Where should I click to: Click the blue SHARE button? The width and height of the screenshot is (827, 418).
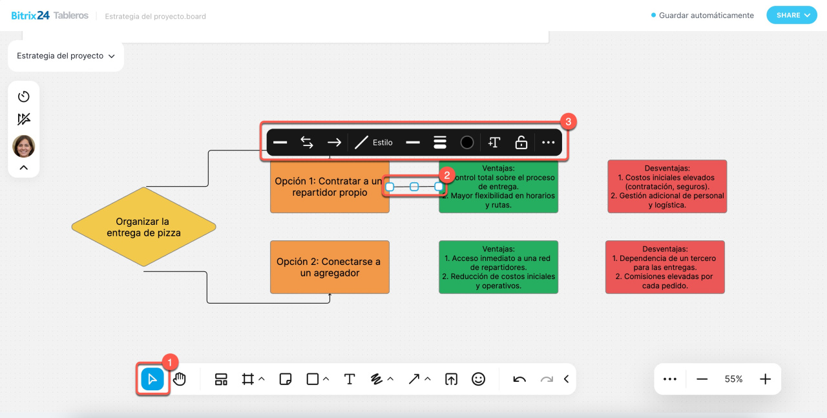(x=792, y=16)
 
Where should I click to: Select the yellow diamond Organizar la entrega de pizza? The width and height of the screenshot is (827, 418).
(x=143, y=227)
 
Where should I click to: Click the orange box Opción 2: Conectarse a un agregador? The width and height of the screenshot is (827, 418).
(x=330, y=267)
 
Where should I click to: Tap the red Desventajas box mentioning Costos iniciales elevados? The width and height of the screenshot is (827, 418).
(x=667, y=186)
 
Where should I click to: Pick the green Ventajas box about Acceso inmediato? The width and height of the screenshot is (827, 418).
(x=498, y=267)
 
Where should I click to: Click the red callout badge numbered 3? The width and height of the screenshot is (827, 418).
(x=568, y=121)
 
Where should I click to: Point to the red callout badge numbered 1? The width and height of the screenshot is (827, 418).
(x=169, y=362)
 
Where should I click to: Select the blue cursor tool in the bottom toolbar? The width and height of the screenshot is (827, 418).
(x=152, y=379)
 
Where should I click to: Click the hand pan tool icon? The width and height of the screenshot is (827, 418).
(x=180, y=379)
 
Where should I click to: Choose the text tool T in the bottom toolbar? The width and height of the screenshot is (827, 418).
(x=350, y=379)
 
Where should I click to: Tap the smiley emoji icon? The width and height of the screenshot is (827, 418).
(x=478, y=379)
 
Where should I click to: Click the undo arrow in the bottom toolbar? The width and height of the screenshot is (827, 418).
(x=519, y=379)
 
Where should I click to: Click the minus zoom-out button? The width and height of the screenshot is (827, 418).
(x=702, y=379)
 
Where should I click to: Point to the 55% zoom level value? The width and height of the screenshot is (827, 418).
(x=733, y=379)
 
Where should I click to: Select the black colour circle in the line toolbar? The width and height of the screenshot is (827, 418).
(x=467, y=142)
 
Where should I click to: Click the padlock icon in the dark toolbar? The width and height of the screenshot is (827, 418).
(x=521, y=142)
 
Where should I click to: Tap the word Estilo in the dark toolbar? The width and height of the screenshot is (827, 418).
(x=382, y=142)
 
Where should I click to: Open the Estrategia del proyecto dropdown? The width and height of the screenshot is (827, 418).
(x=65, y=56)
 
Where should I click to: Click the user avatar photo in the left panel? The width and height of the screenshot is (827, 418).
(x=24, y=147)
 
